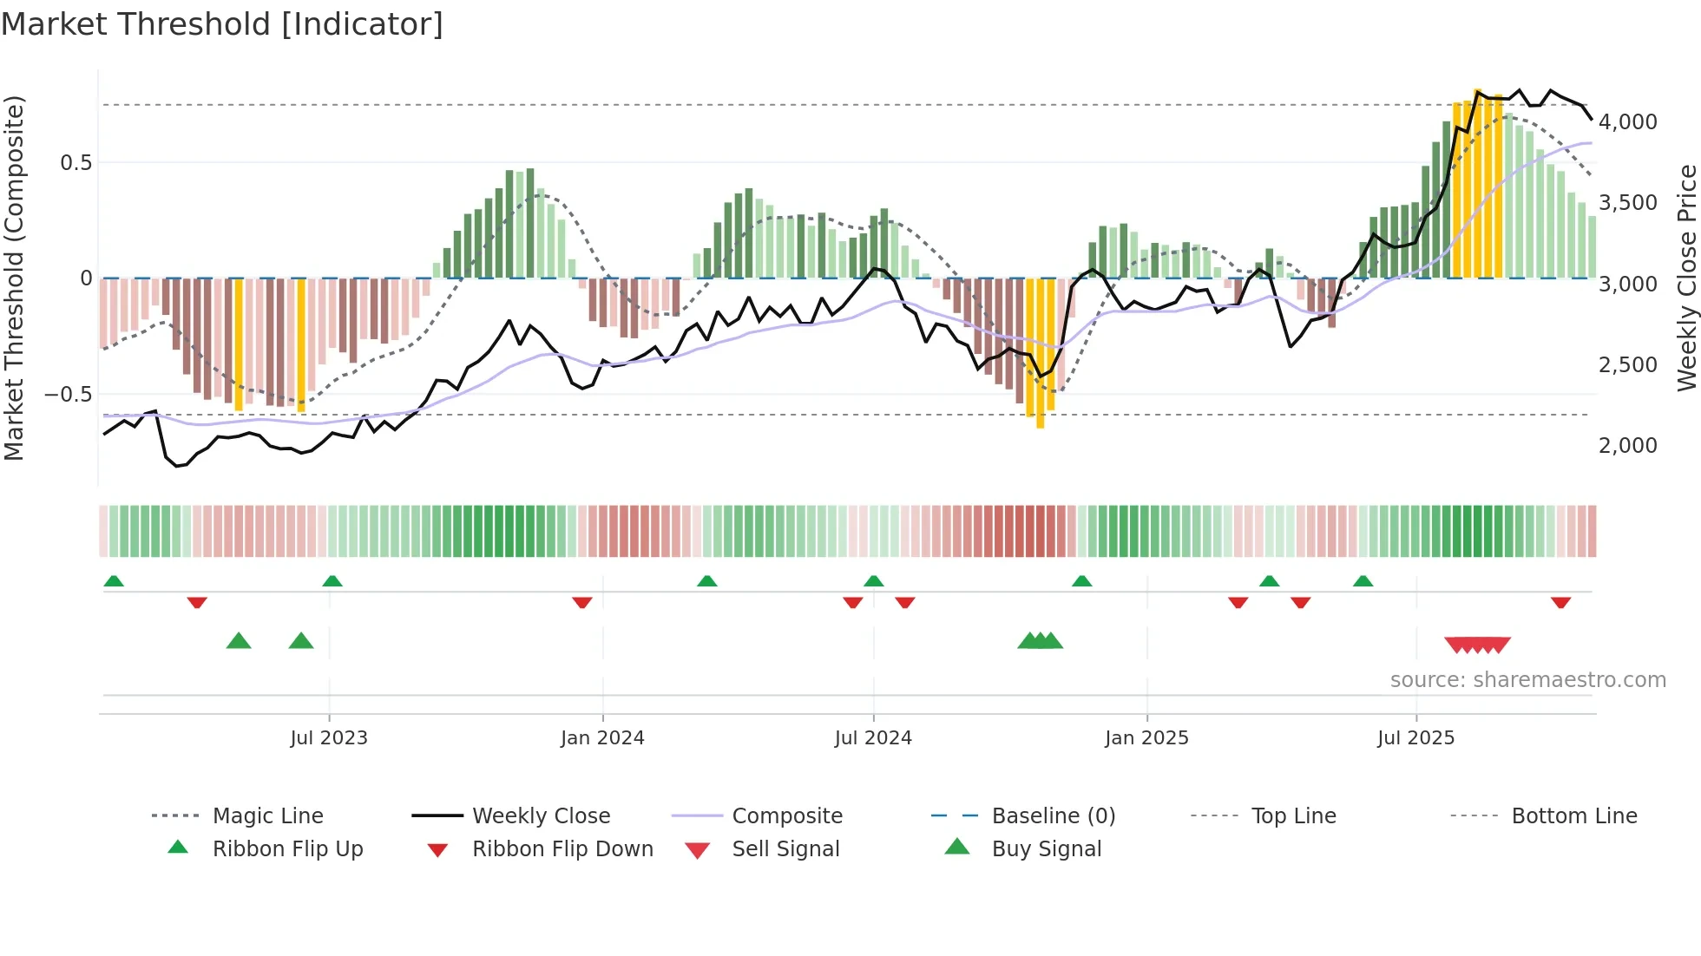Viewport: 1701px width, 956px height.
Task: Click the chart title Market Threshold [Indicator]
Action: pos(222,24)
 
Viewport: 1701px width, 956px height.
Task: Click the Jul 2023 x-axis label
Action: pos(329,738)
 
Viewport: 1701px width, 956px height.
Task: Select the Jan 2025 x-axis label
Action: pos(1146,738)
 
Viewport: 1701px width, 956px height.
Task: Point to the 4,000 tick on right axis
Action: pos(1627,122)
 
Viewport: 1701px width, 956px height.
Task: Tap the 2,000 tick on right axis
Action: pos(1627,446)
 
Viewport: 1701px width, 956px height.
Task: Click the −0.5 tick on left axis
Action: pos(68,395)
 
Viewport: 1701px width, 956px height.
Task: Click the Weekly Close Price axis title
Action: pos(1686,278)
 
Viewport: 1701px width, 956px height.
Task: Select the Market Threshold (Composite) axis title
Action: pos(14,278)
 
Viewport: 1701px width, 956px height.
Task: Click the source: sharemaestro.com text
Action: pos(1527,680)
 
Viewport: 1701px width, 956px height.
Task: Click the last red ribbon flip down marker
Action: pos(1560,602)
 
